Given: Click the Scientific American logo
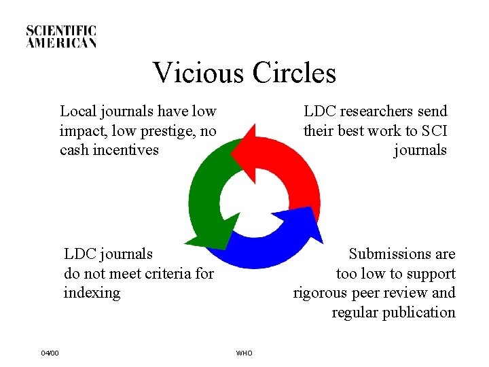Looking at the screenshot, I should pyautogui.click(x=62, y=37).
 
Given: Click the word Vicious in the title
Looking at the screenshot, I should pyautogui.click(x=198, y=73).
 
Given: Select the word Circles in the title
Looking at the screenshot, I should pyautogui.click(x=293, y=73).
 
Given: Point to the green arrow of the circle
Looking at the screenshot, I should pyautogui.click(x=204, y=197).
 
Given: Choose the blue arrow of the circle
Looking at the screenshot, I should pyautogui.click(x=272, y=245).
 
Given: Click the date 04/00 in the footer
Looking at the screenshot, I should pyautogui.click(x=50, y=353).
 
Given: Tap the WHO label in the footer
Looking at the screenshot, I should pyautogui.click(x=244, y=353).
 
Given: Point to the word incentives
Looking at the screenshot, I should pyautogui.click(x=124, y=150).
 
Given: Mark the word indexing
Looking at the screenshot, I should pyautogui.click(x=92, y=293).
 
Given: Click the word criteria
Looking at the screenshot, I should pyautogui.click(x=162, y=274).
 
